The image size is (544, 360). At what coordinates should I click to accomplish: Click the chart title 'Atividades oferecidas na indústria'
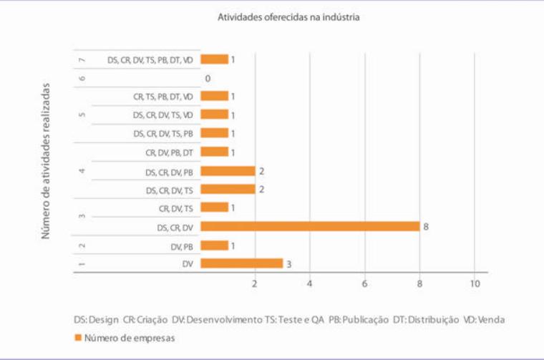288,16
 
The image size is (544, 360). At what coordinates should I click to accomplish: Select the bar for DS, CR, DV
310,226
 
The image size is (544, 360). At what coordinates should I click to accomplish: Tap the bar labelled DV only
241,263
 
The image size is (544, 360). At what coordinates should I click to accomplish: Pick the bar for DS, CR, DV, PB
228,171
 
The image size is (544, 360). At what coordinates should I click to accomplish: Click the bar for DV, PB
214,245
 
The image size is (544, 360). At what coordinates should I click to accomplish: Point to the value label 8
426,226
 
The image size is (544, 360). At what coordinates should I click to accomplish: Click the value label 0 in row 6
208,78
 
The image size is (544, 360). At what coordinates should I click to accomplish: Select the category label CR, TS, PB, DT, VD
162,96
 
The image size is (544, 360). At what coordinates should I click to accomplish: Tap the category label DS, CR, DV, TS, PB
162,133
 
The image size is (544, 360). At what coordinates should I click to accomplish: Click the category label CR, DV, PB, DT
169,152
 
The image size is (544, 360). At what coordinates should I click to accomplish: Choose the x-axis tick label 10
474,284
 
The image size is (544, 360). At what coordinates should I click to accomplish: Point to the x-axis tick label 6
365,284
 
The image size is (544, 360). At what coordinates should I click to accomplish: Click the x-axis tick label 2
255,284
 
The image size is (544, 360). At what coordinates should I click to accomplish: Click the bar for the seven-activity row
214,59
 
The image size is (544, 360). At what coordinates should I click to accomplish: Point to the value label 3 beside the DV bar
289,263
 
